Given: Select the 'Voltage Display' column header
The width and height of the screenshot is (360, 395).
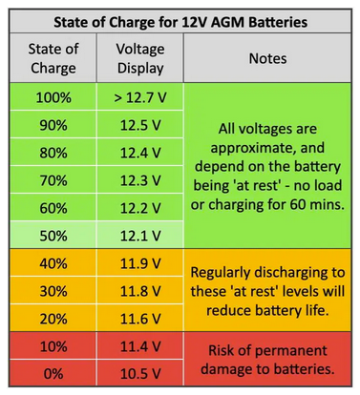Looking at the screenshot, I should pos(140,59).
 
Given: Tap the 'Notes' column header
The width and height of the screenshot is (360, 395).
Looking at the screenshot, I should pos(266,59).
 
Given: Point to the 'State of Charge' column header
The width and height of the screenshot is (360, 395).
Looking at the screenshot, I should pos(53,59).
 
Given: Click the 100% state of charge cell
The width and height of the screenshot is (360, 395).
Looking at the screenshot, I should pos(53,98).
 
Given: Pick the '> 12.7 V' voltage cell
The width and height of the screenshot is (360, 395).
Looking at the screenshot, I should pos(140,98).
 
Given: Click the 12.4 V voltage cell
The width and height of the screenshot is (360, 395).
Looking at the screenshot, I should pos(140,153).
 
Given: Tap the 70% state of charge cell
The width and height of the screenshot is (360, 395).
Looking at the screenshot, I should pos(53,179).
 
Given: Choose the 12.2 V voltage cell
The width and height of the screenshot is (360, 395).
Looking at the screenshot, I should pos(140,207).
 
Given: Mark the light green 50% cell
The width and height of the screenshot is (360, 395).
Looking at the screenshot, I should pos(53,235).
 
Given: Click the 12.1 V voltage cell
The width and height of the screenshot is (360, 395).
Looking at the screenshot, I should pos(140,235).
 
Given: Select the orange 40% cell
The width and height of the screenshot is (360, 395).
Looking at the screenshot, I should pos(53,262).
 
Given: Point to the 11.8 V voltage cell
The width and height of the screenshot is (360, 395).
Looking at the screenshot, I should pos(140,289).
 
